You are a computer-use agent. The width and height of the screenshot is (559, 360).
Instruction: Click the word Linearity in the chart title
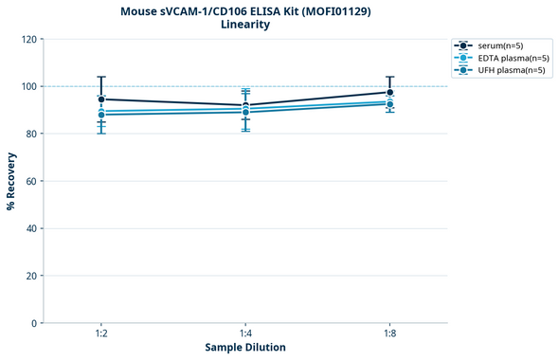245,25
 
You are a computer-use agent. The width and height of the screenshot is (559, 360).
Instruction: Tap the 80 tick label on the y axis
31,134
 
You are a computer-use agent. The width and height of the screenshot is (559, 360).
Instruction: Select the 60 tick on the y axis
31,181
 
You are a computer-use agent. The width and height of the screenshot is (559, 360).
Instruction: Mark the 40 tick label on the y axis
31,228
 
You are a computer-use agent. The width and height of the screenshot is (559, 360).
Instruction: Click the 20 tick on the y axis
31,276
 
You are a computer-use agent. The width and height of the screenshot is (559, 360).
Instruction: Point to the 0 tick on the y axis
34,323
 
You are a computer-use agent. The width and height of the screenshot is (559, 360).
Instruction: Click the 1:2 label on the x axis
100,334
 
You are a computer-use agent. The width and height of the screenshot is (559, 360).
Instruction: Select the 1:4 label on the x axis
245,334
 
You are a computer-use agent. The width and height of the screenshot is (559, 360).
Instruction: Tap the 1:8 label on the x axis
390,334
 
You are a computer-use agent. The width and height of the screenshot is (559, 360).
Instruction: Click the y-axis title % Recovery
11,180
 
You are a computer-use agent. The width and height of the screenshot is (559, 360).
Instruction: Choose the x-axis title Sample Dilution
245,348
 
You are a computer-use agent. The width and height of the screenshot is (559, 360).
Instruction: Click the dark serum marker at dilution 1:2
100,99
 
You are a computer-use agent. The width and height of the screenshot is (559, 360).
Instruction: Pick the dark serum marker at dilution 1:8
390,93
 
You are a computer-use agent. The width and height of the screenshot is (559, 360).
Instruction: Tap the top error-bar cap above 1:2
100,77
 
